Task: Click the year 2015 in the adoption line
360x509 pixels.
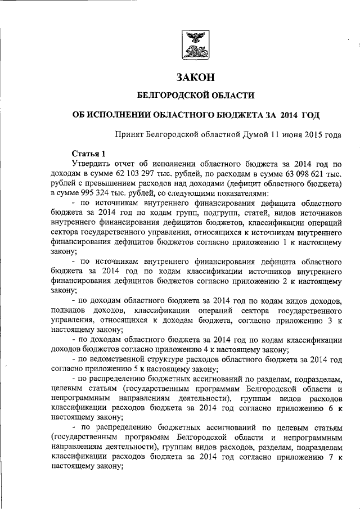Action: (309, 135)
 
